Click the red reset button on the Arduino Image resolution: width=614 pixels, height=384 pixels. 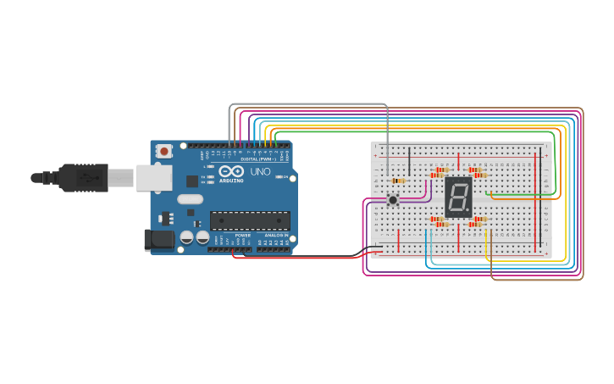click(x=163, y=151)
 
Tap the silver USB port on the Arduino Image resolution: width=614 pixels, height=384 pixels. click(x=155, y=177)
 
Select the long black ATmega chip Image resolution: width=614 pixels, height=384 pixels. click(x=250, y=220)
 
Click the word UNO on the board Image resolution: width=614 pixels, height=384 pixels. click(x=260, y=171)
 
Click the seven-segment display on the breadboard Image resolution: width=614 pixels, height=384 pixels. click(x=458, y=198)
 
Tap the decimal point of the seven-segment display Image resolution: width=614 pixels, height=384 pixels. click(x=467, y=210)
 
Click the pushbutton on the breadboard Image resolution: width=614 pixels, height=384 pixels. click(x=393, y=200)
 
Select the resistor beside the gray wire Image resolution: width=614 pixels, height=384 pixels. click(x=397, y=181)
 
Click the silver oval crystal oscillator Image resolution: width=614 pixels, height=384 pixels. click(x=190, y=199)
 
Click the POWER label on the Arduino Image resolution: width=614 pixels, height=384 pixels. click(x=242, y=235)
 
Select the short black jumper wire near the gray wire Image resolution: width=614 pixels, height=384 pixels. click(x=409, y=161)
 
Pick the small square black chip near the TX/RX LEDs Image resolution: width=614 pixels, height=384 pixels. click(x=192, y=181)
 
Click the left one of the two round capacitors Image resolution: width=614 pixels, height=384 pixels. click(x=186, y=238)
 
